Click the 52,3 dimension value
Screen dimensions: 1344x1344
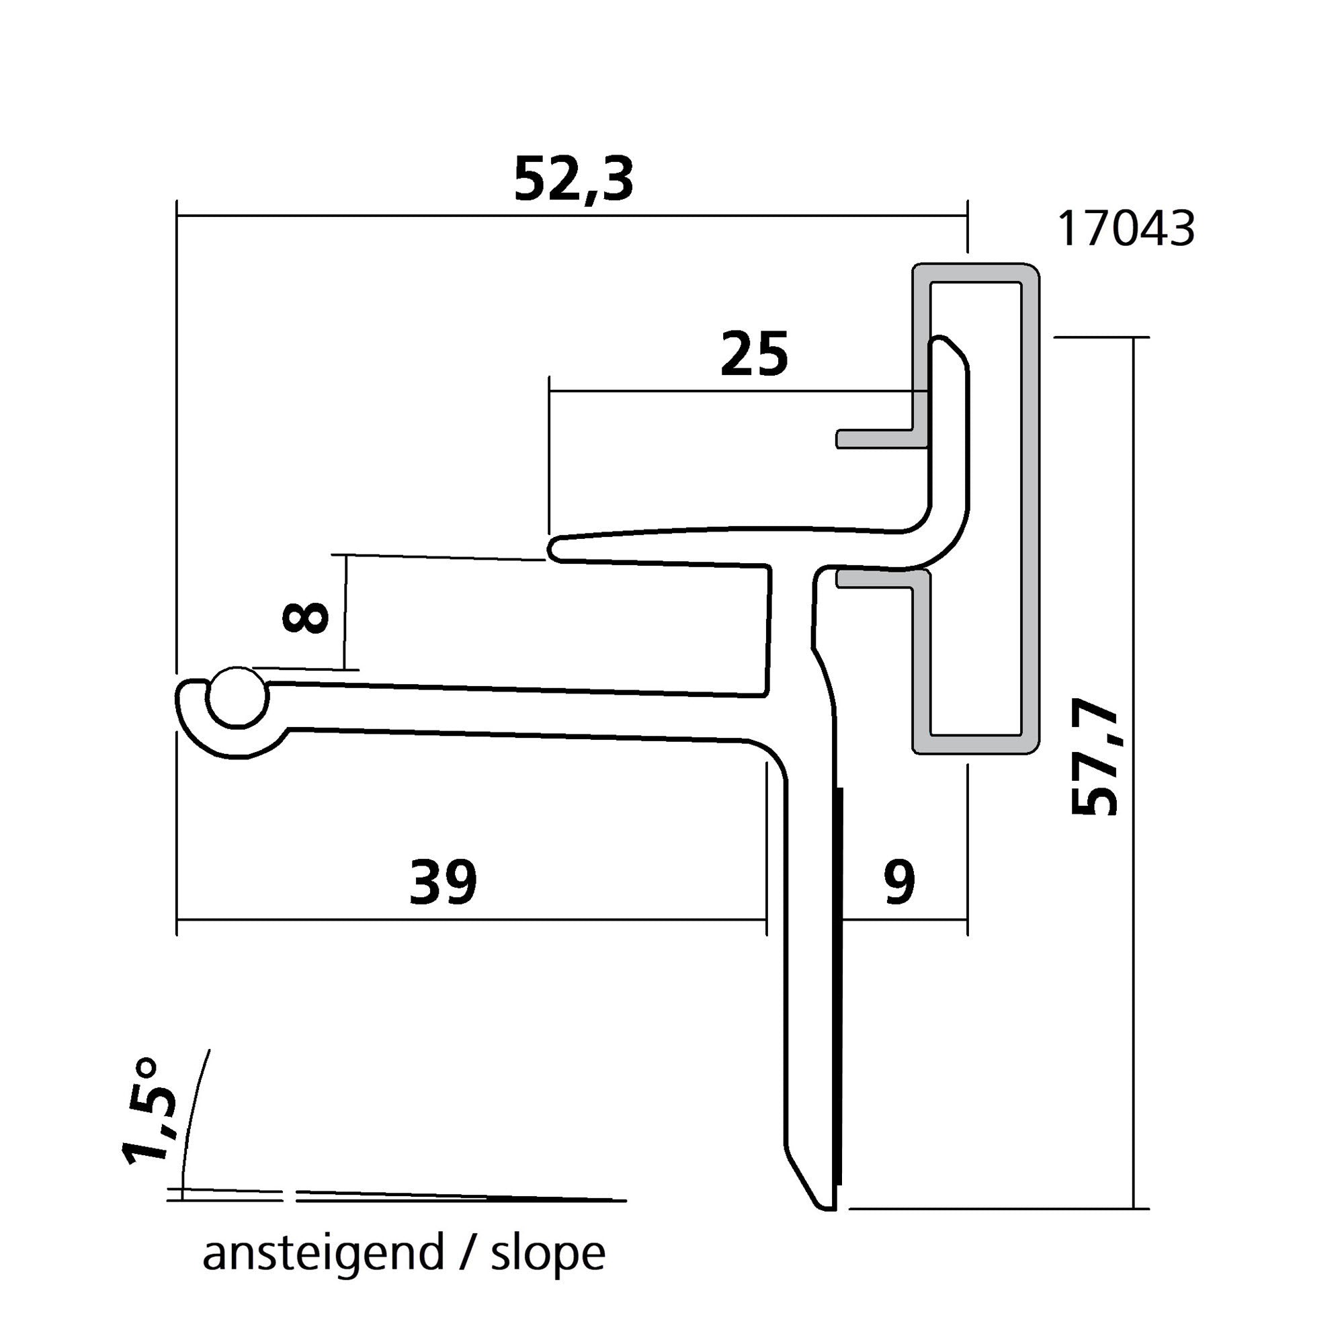573,179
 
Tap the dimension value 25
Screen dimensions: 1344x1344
754,355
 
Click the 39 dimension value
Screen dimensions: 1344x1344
443,882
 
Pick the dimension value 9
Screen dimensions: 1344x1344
900,882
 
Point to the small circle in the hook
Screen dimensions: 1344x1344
239,698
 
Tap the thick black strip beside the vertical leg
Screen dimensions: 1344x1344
841,988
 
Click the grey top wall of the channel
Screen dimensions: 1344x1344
976,273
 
